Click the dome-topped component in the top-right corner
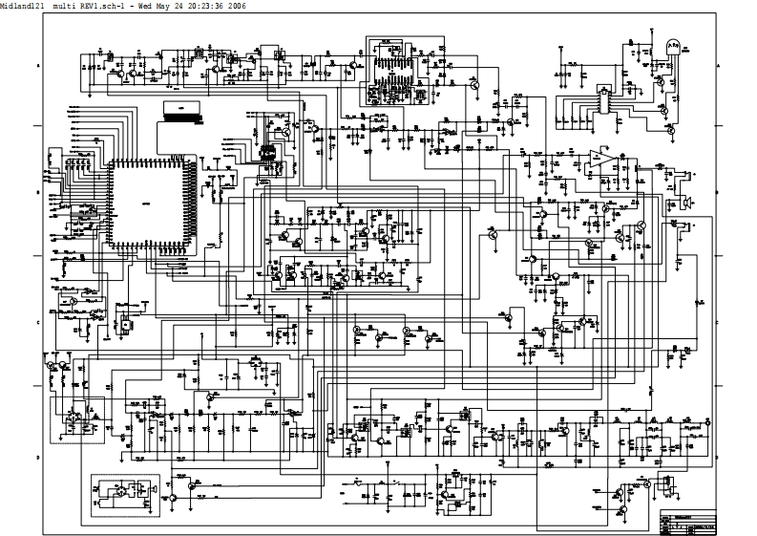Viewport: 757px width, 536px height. click(x=672, y=45)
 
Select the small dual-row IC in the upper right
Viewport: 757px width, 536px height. click(x=603, y=98)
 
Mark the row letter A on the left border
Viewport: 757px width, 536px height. click(x=37, y=65)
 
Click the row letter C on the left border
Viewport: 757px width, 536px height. click(x=37, y=322)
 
